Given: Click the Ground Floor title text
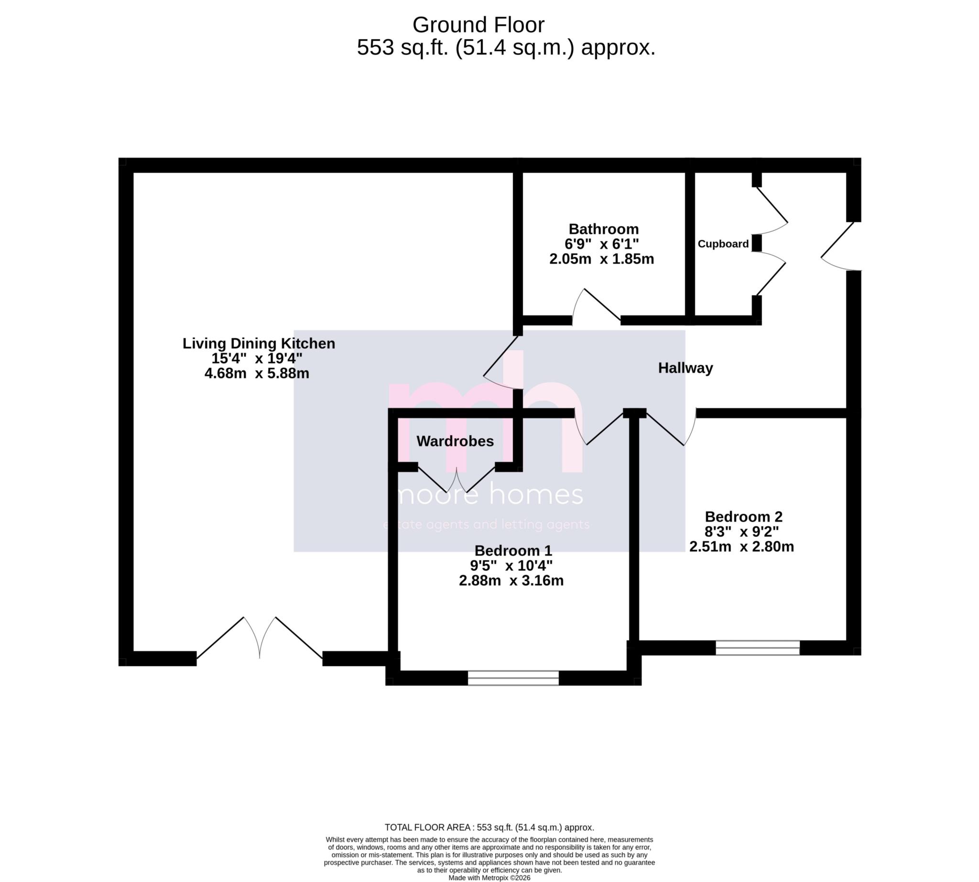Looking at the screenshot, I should coord(478,25).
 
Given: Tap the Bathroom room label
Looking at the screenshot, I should coord(603,229).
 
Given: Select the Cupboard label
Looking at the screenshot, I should coord(723,244).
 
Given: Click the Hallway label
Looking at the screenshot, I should coord(685,368).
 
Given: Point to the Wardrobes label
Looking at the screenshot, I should coord(455,441).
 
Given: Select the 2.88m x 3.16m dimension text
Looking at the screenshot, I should coord(511,580).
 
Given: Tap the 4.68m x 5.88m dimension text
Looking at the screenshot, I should coord(257,373).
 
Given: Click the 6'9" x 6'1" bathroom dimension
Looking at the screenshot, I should coord(602,243).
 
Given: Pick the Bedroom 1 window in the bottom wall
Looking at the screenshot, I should coord(513,677).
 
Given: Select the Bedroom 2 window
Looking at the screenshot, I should coord(757,648).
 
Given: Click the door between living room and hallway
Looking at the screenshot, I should coord(502,364).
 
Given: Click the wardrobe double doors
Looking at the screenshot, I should coord(457,480).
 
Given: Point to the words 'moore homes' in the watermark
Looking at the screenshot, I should coord(489,495).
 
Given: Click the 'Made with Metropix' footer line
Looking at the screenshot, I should coord(489,878).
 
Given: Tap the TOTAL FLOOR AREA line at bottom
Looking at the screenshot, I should coord(489,827).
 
